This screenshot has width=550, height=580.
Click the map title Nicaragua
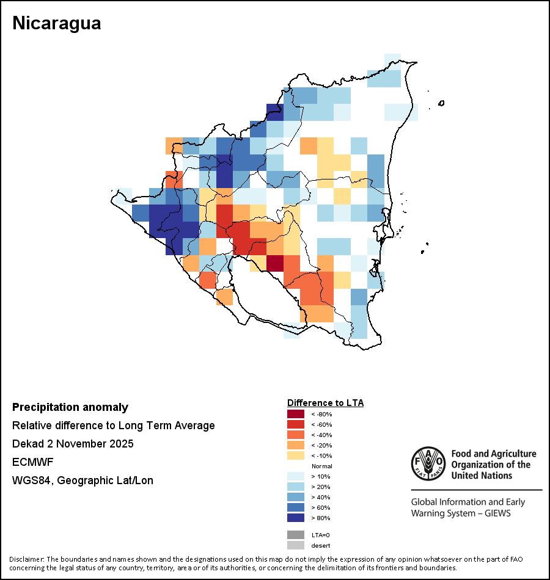(x=56, y=23)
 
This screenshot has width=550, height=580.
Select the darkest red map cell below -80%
(x=275, y=263)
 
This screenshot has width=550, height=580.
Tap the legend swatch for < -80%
(x=295, y=415)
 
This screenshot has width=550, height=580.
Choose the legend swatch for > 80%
(x=295, y=518)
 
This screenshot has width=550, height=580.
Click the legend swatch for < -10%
(x=295, y=455)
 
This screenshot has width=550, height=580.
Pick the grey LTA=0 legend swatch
(x=295, y=535)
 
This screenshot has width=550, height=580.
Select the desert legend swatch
(x=295, y=545)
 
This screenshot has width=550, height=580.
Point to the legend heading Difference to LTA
(x=325, y=403)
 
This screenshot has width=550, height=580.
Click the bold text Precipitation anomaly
(x=70, y=407)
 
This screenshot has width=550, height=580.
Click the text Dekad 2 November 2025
(x=73, y=444)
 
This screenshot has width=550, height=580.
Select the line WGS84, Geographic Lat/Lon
(x=82, y=480)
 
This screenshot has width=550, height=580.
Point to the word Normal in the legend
(x=321, y=466)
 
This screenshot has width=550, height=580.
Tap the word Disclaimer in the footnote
(x=25, y=559)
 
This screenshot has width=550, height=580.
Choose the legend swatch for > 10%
(x=295, y=476)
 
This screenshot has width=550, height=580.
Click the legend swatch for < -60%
(x=295, y=424)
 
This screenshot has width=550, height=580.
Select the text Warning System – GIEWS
(x=461, y=513)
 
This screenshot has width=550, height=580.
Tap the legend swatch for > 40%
(x=295, y=497)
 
